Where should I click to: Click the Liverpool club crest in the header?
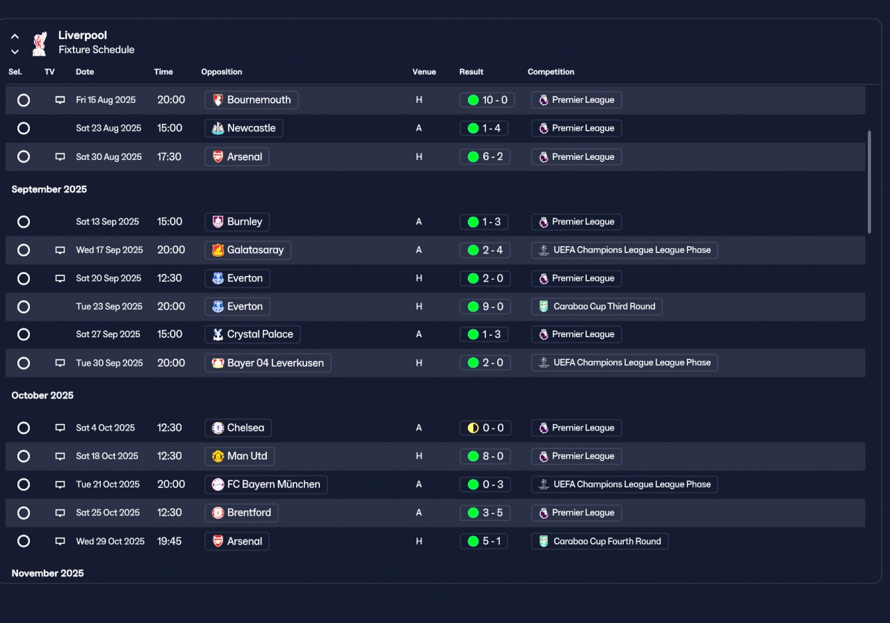(40, 44)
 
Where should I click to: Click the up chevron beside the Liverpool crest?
(15, 37)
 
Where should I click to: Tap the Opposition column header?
(221, 72)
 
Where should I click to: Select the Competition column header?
(551, 72)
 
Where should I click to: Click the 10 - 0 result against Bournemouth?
(487, 100)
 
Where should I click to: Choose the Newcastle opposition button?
(243, 129)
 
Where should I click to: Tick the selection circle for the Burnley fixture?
(24, 222)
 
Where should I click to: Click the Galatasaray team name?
(255, 250)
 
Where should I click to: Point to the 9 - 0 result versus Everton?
(485, 307)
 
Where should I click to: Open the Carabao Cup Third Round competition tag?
(597, 307)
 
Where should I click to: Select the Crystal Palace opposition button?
(252, 334)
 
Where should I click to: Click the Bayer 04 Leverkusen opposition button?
(268, 363)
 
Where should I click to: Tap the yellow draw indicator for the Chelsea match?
(473, 428)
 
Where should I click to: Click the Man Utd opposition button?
(240, 456)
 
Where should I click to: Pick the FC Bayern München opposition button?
(266, 485)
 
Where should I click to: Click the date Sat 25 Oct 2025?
(108, 513)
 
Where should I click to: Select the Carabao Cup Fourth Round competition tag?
(599, 542)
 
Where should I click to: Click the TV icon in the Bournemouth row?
(60, 100)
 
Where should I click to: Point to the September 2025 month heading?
(49, 190)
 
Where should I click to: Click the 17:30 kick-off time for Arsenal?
(169, 157)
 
